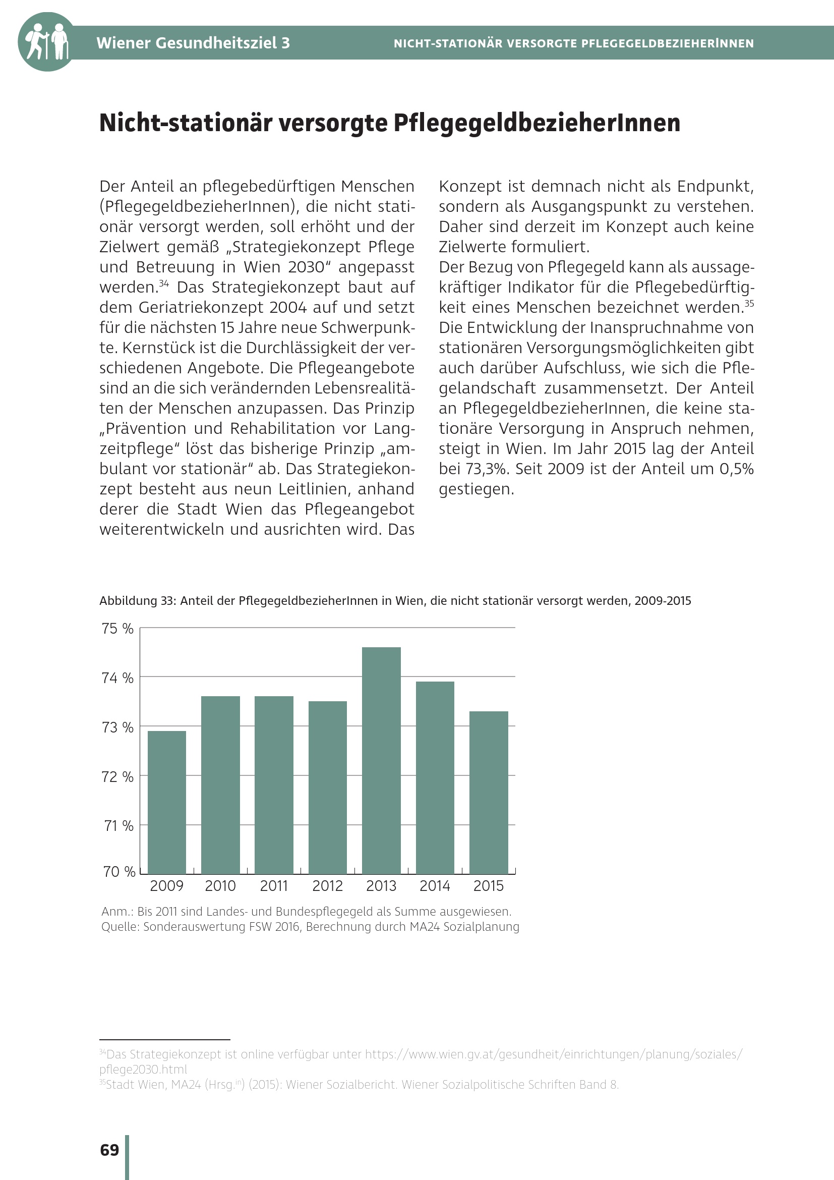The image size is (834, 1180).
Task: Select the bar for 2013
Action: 381,761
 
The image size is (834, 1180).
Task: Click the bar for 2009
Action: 167,802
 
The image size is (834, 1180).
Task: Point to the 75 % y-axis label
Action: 117,629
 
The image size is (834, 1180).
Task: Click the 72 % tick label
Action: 117,776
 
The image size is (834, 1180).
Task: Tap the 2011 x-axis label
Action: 274,886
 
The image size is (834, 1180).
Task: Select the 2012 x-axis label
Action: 328,886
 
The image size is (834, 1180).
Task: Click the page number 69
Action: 109,1150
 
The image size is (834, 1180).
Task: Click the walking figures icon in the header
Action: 47,42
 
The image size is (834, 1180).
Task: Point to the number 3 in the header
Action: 285,43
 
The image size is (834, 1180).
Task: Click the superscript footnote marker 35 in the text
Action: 749,303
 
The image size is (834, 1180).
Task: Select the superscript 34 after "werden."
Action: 164,283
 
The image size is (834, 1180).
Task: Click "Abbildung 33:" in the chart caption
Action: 137,601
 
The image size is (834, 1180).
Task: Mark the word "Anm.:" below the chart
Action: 117,912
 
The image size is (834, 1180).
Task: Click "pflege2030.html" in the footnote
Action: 143,1070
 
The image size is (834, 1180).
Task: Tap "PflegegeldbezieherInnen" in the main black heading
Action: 537,123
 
